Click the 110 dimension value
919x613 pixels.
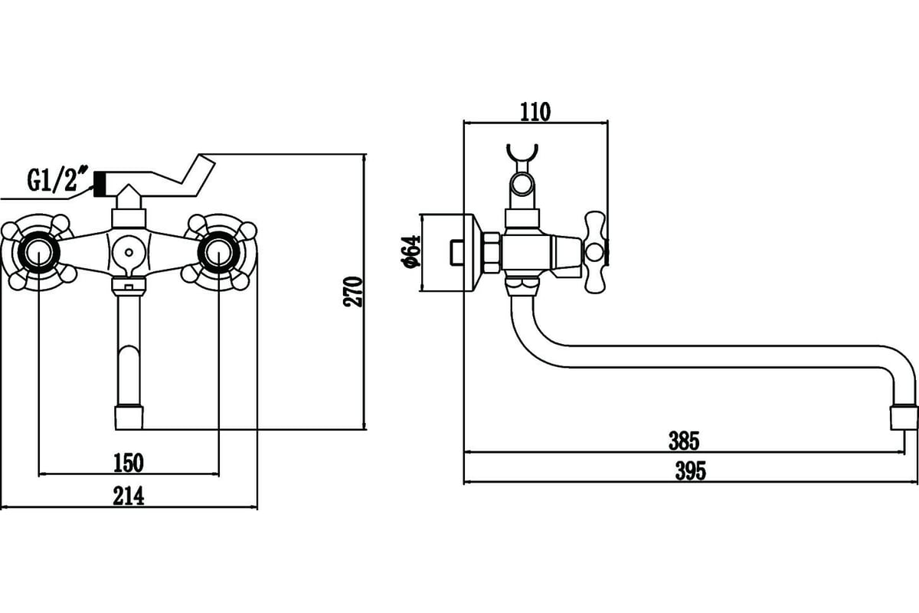(x=535, y=112)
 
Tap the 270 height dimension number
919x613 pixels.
(x=353, y=292)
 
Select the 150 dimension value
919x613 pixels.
(x=129, y=463)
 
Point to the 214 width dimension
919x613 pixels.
(x=129, y=496)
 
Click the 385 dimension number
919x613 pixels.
(x=684, y=441)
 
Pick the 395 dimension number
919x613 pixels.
(x=691, y=471)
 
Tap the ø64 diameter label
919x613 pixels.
(x=411, y=251)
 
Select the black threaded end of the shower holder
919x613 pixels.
(x=100, y=184)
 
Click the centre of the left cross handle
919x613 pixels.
(x=38, y=251)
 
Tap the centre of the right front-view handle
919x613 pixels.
(x=219, y=251)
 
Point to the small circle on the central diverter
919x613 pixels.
(x=129, y=252)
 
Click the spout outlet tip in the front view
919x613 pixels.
(x=129, y=417)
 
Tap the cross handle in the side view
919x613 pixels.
(x=595, y=251)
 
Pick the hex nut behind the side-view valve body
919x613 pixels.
(x=491, y=253)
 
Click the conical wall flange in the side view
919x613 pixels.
(x=474, y=253)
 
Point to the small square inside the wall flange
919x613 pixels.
(x=456, y=253)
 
